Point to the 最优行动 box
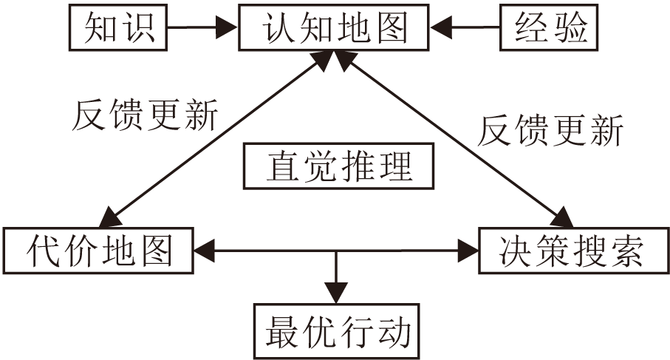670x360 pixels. pos(337,330)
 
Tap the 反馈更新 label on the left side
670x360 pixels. pos(145,116)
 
